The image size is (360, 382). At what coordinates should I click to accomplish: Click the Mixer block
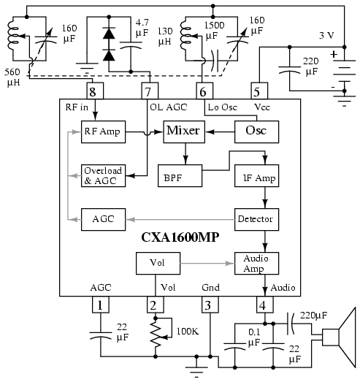[x=184, y=131]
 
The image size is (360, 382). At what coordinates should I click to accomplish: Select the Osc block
[x=257, y=131]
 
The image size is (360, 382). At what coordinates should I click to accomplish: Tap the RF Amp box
[x=103, y=131]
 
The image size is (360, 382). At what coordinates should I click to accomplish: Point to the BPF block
[x=180, y=176]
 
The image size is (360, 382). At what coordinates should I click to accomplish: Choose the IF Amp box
[x=257, y=176]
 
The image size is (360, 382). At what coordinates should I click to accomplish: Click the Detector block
[x=257, y=220]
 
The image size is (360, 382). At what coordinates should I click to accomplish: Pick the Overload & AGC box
[x=103, y=176]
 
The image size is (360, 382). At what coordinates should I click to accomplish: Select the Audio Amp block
[x=257, y=264]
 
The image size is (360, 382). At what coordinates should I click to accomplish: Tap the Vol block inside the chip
[x=158, y=264]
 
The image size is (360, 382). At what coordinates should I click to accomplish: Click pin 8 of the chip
[x=95, y=91]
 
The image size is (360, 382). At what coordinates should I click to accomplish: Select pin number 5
[x=259, y=91]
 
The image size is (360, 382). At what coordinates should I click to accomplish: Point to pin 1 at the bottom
[x=101, y=305]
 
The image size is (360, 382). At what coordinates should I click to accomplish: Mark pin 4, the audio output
[x=265, y=305]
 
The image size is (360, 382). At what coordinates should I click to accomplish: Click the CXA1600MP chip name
[x=180, y=237]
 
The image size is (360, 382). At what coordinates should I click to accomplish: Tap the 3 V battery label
[x=326, y=36]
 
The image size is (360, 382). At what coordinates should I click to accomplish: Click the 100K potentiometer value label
[x=188, y=332]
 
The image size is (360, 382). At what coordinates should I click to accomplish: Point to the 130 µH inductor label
[x=165, y=37]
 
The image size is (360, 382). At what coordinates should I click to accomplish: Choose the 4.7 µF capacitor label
[x=142, y=27]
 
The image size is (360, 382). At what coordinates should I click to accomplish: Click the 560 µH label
[x=12, y=77]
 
